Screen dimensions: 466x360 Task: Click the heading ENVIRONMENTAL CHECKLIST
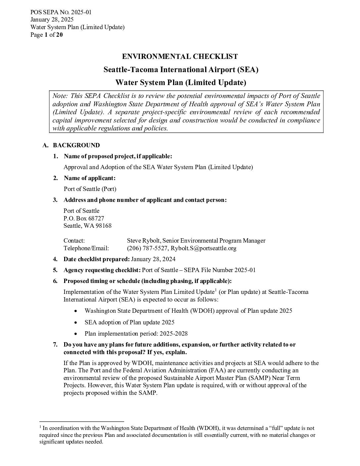[180, 57]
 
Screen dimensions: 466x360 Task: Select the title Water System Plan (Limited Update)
[180, 82]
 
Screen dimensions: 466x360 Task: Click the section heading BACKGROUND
[76, 145]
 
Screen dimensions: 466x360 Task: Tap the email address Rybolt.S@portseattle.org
[203, 248]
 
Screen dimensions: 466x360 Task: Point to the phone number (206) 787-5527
[147, 248]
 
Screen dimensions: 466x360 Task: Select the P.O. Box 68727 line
[84, 218]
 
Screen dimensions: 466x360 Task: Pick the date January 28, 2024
[153, 259]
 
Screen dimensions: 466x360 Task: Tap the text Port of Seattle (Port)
[90, 189]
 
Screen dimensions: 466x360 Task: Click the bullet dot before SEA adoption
[76, 322]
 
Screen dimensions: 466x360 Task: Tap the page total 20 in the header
[59, 35]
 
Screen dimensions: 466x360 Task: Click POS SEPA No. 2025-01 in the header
[61, 12]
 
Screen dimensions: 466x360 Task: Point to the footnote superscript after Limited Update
[216, 290]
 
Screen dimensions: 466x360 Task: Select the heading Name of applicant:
[89, 178]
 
